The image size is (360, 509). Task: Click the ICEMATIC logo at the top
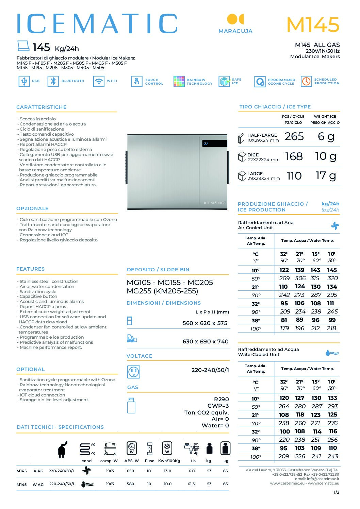click(x=97, y=24)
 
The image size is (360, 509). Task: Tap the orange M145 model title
click(x=313, y=24)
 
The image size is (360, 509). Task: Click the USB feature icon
click(x=24, y=81)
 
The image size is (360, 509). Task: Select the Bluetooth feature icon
click(x=53, y=81)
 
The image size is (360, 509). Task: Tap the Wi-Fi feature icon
click(x=99, y=81)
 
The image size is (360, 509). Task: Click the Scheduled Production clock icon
click(x=306, y=81)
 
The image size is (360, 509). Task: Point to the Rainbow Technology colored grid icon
click(x=179, y=81)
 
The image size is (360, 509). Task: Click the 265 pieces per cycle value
click(x=294, y=137)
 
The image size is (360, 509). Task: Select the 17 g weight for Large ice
click(x=326, y=176)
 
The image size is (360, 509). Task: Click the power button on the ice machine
click(x=206, y=143)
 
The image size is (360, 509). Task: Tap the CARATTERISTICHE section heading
click(x=42, y=107)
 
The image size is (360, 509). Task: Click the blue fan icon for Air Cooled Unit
click(x=335, y=226)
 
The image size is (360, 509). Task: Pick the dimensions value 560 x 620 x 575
click(x=205, y=323)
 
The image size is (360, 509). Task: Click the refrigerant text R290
click(x=221, y=399)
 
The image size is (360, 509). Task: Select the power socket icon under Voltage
click(x=133, y=372)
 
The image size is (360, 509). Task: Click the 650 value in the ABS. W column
click(x=130, y=471)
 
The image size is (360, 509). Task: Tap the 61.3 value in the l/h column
click(x=191, y=484)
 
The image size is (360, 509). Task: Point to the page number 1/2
click(x=336, y=492)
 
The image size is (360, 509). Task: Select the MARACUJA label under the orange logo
click(x=235, y=31)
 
